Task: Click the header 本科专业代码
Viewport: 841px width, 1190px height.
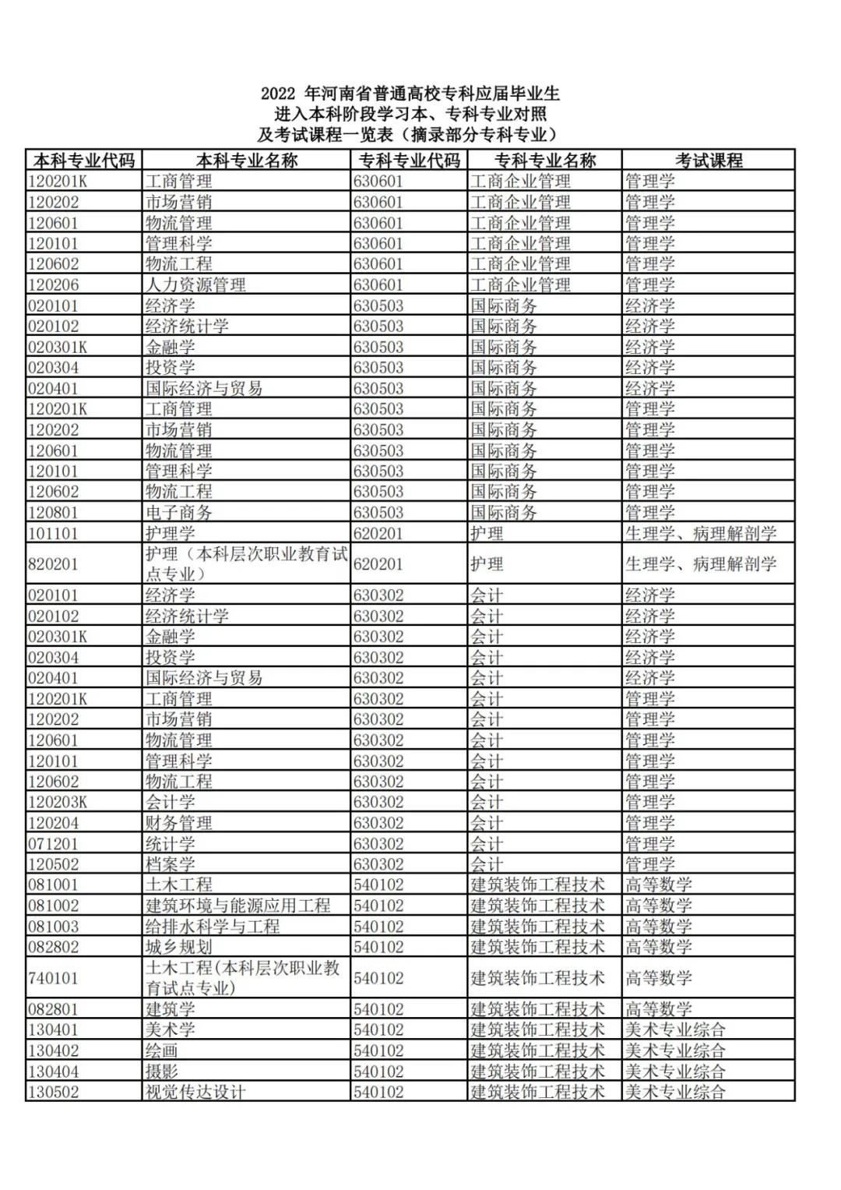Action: (84, 161)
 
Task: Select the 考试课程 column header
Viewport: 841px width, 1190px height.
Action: (708, 161)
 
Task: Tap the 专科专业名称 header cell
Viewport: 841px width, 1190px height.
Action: (544, 161)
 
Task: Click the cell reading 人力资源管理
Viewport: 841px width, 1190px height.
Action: (195, 284)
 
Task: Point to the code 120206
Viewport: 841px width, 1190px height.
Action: (54, 284)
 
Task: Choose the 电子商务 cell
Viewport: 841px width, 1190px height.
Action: (178, 512)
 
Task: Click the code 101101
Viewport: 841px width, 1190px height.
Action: (53, 533)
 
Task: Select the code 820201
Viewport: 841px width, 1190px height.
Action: (53, 564)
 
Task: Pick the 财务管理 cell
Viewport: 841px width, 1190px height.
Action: (178, 823)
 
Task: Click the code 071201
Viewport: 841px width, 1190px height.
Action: (53, 843)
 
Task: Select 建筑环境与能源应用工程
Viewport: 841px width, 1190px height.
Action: (238, 906)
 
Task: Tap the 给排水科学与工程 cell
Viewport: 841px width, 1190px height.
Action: (212, 927)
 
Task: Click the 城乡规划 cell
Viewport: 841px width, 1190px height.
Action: (178, 947)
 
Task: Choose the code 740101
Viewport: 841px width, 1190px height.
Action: (53, 978)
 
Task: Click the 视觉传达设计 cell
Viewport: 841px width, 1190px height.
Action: (195, 1092)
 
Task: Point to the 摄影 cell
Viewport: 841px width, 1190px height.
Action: (162, 1072)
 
